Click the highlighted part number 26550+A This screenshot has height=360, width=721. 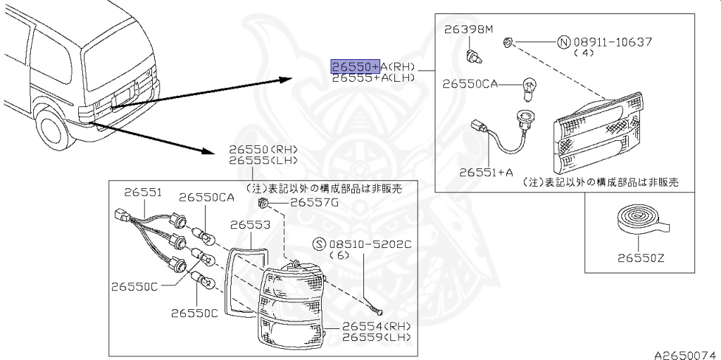pyautogui.click(x=356, y=67)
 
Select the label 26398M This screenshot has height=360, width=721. pyautogui.click(x=470, y=30)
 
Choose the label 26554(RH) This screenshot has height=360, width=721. pyautogui.click(x=376, y=327)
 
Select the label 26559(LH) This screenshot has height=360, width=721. pyautogui.click(x=376, y=337)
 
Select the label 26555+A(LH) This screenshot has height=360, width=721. pyautogui.click(x=373, y=78)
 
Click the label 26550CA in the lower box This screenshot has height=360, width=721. pyautogui.click(x=206, y=197)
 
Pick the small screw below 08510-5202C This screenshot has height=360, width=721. pyautogui.click(x=376, y=308)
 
